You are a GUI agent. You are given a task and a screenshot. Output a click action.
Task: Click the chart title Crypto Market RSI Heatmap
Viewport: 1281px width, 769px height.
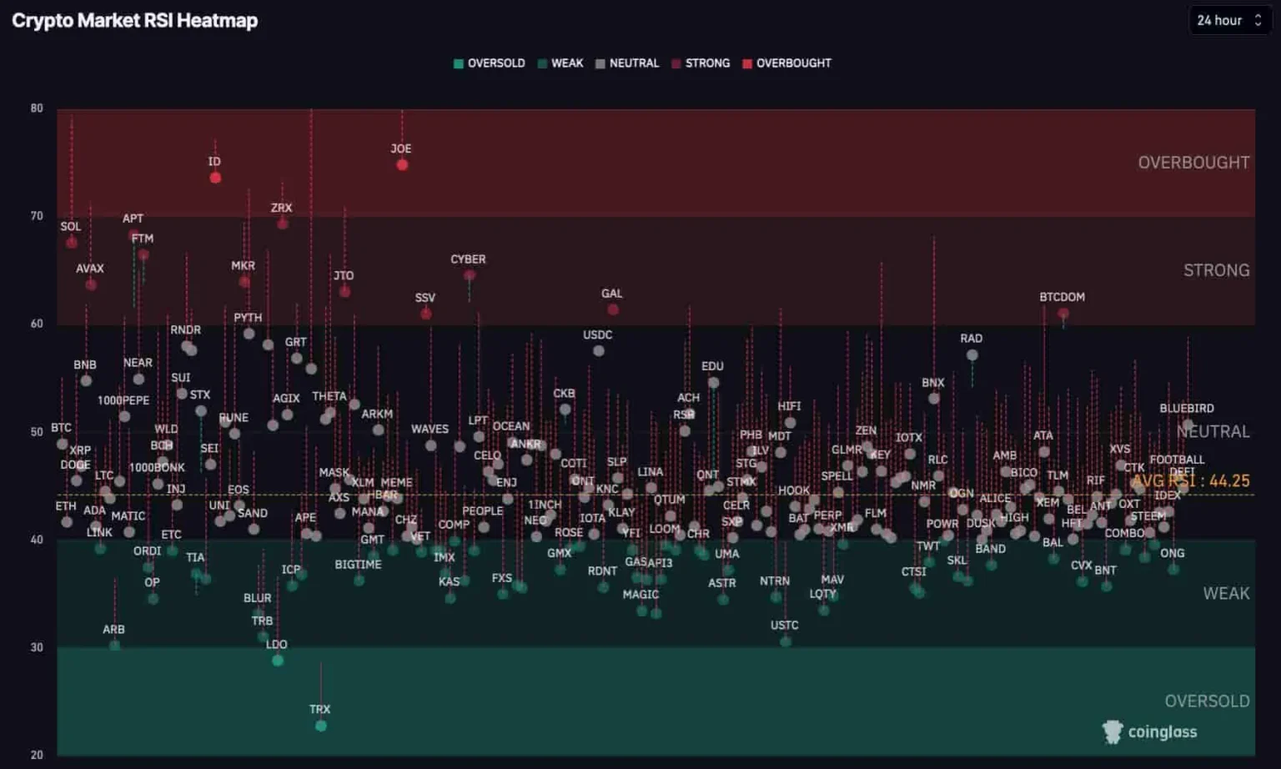(x=134, y=21)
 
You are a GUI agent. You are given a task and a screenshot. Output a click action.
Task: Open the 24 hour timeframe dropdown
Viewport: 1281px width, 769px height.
(x=1228, y=20)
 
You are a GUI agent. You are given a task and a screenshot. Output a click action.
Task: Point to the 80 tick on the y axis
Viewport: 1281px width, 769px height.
(x=37, y=108)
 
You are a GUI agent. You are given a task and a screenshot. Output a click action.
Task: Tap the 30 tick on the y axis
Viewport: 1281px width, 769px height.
(x=37, y=647)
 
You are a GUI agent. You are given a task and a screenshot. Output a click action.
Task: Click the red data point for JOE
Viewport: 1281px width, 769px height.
(x=402, y=165)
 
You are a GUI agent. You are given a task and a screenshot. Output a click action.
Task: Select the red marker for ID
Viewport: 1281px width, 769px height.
(x=215, y=178)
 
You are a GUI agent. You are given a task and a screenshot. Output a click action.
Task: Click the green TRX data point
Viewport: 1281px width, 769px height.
(x=321, y=726)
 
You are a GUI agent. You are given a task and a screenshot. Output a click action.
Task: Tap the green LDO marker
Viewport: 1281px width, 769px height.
(x=278, y=661)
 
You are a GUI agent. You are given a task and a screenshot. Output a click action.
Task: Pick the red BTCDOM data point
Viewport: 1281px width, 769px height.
(x=1063, y=314)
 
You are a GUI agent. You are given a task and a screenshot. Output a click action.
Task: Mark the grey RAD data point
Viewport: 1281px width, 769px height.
(x=972, y=355)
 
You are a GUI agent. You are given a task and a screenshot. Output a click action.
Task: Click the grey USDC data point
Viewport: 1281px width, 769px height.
(x=599, y=351)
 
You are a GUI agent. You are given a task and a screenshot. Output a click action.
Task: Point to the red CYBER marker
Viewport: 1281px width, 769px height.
(x=470, y=275)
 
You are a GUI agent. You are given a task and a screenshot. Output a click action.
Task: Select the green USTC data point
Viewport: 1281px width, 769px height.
(x=785, y=641)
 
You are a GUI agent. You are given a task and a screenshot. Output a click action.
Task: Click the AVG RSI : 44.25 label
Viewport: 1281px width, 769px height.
(x=1191, y=481)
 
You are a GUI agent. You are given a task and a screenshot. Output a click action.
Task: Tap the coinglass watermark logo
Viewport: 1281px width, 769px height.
(x=1150, y=731)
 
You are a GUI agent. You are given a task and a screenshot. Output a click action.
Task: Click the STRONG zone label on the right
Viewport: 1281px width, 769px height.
(x=1216, y=270)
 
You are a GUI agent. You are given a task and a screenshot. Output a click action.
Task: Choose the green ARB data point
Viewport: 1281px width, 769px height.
(x=114, y=646)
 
